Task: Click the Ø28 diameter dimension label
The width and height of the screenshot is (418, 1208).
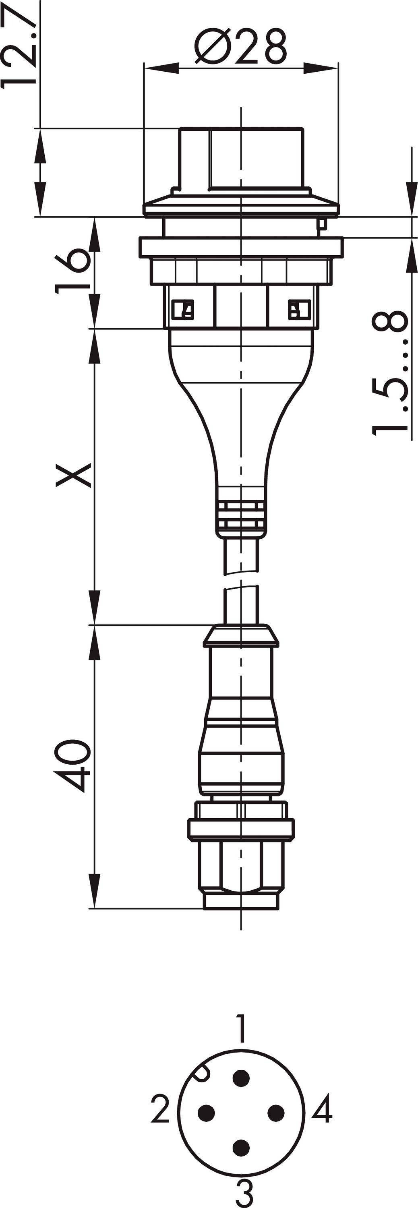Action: tap(240, 46)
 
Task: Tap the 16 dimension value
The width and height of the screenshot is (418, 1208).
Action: tap(72, 271)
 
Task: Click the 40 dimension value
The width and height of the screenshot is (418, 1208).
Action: tap(72, 766)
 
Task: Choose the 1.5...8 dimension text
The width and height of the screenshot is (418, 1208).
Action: tap(390, 373)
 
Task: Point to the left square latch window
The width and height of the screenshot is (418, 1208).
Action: tap(182, 310)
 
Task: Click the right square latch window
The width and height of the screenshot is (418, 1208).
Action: tap(299, 310)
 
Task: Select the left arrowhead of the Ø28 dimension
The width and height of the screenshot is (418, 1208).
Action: tap(161, 68)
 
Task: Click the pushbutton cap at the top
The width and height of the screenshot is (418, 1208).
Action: tap(241, 157)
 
